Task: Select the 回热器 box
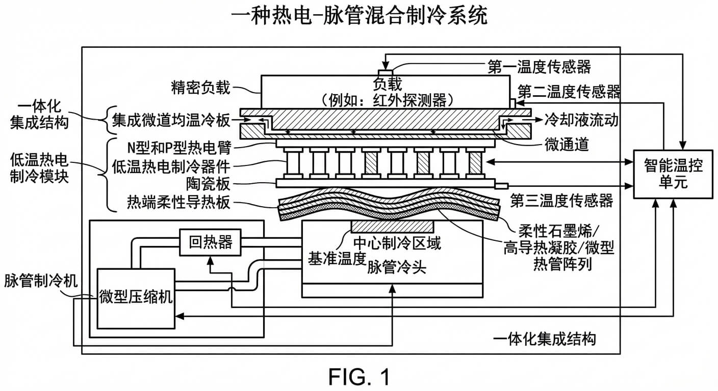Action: (211, 242)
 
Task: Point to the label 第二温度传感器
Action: (569, 92)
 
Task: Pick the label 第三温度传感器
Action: (561, 201)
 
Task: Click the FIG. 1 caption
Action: (359, 377)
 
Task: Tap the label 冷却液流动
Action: (582, 120)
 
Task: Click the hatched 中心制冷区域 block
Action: (392, 227)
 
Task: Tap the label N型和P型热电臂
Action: (179, 148)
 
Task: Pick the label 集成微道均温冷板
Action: (170, 121)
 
